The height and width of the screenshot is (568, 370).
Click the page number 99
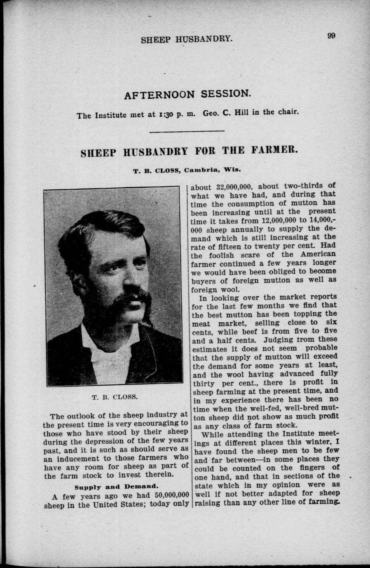pyautogui.click(x=332, y=35)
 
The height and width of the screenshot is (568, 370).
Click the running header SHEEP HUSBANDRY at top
pyautogui.click(x=187, y=40)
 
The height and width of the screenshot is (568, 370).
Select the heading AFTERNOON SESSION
pyautogui.click(x=187, y=94)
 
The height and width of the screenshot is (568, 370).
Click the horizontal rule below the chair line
pyautogui.click(x=187, y=131)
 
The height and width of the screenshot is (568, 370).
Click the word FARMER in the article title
pyautogui.click(x=274, y=150)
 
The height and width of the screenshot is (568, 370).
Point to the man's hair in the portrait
pyautogui.click(x=103, y=230)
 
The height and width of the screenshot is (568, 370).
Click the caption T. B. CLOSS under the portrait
pyautogui.click(x=115, y=398)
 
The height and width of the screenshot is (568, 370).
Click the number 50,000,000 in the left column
pyautogui.click(x=167, y=495)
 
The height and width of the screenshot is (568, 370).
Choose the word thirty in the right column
pyautogui.click(x=204, y=383)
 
